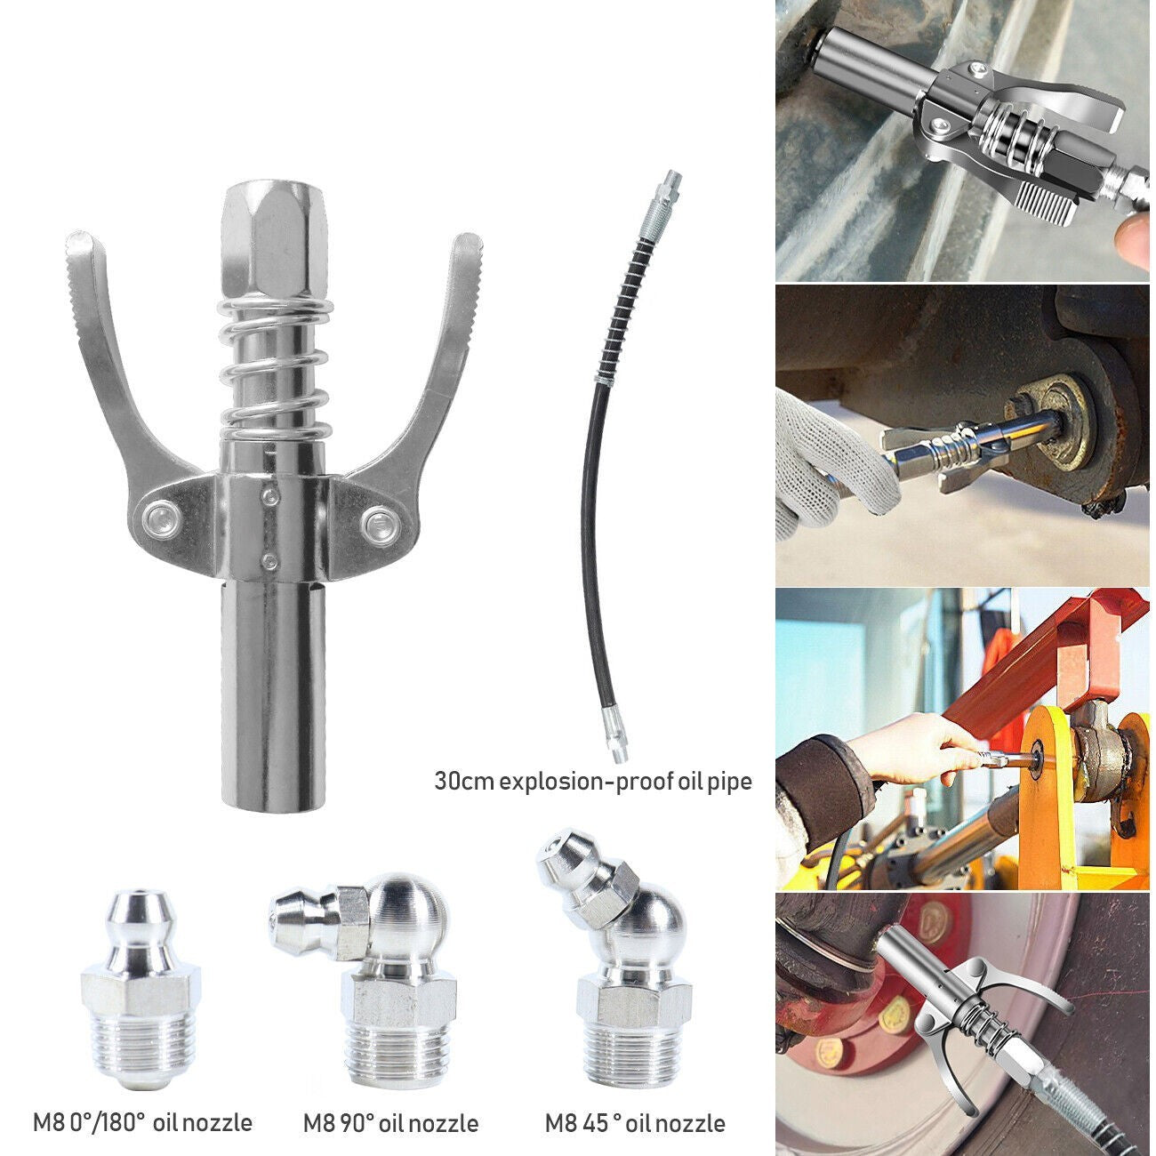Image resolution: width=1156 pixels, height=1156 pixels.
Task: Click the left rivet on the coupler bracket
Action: tap(160, 516)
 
